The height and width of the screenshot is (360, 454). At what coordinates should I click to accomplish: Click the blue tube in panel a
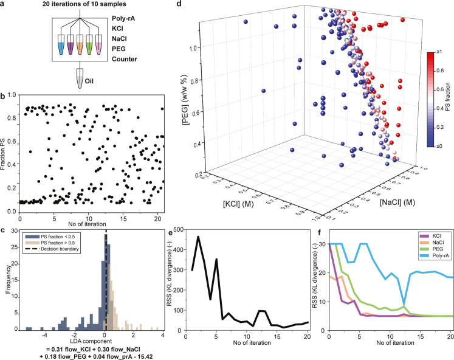pyautogui.click(x=61, y=44)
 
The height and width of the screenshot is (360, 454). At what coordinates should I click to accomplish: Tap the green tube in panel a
pyautogui.click(x=89, y=44)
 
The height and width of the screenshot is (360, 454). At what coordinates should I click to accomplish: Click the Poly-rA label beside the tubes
pyautogui.click(x=123, y=18)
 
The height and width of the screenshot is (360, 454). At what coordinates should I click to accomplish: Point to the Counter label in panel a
pyautogui.click(x=124, y=59)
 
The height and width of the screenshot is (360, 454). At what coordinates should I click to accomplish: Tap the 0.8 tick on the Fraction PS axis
pyautogui.click(x=12, y=118)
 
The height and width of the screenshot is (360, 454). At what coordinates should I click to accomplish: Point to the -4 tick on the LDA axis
pyautogui.click(x=44, y=335)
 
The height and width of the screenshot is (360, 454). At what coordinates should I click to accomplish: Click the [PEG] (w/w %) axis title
pyautogui.click(x=185, y=99)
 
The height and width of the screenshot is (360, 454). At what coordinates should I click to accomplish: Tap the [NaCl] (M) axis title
pyautogui.click(x=397, y=202)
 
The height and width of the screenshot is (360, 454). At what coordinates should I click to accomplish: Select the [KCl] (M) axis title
pyautogui.click(x=238, y=204)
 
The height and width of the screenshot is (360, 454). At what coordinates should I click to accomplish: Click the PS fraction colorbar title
pyautogui.click(x=447, y=97)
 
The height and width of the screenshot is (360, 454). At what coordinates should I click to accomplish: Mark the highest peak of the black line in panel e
pyautogui.click(x=198, y=237)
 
